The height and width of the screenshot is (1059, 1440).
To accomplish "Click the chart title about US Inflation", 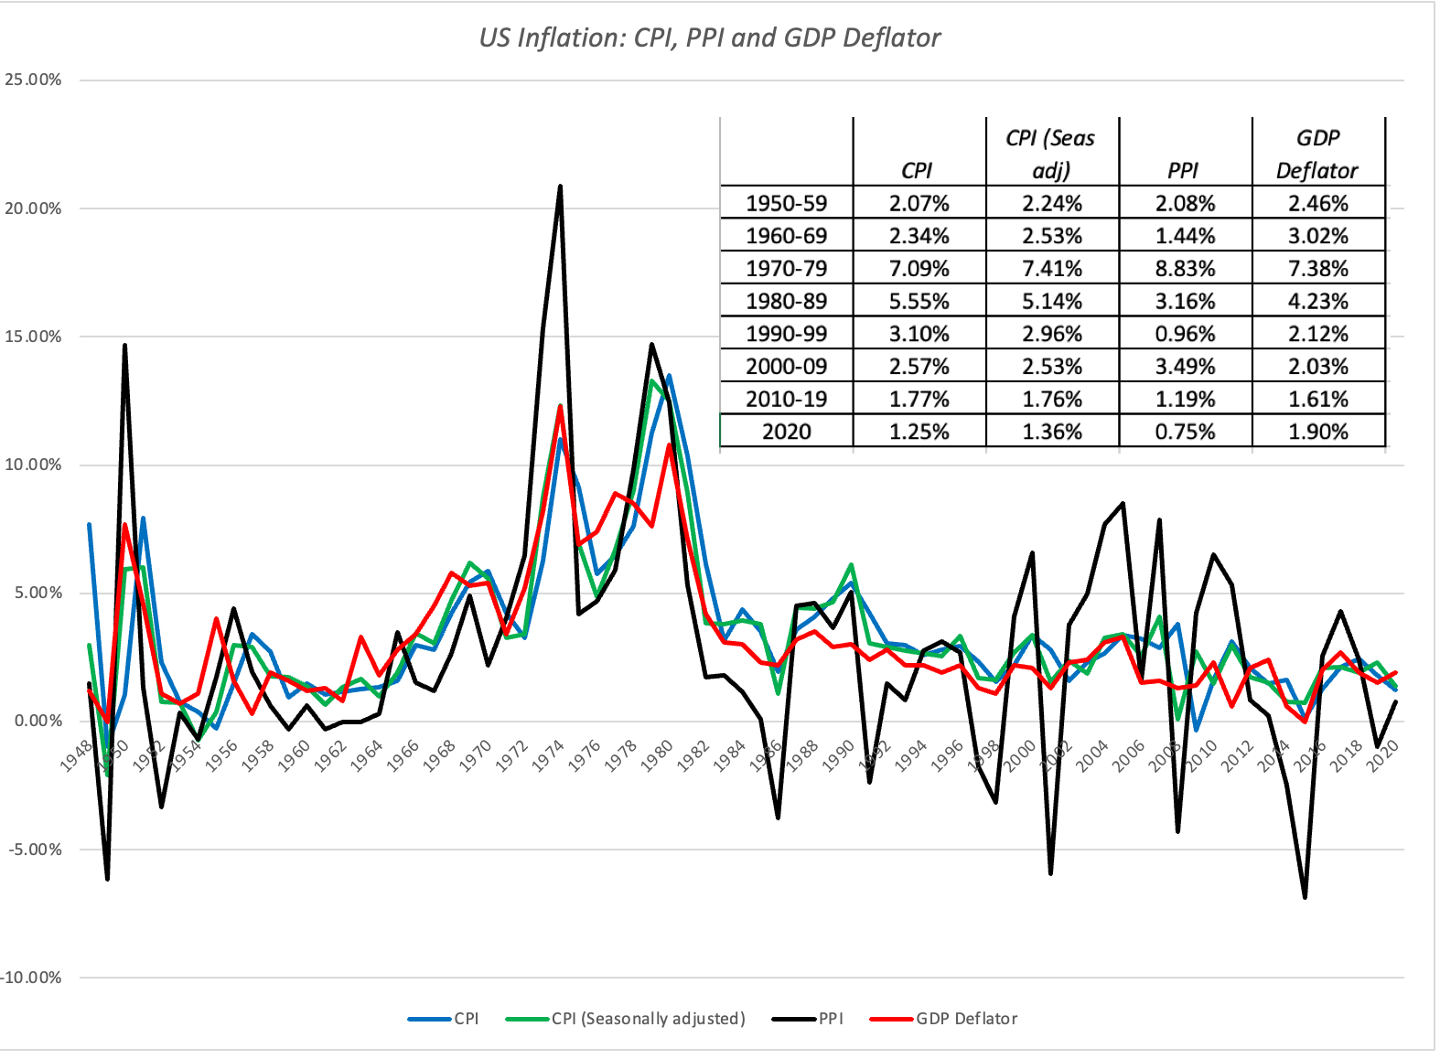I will [709, 37].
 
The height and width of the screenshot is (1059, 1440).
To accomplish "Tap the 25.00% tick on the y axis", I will [33, 80].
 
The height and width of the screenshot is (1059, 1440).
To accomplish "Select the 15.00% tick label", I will [33, 337].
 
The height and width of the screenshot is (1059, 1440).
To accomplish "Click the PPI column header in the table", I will [1184, 171].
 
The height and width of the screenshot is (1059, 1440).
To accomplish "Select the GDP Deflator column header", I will [1317, 155].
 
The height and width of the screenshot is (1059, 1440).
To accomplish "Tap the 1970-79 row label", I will [786, 269].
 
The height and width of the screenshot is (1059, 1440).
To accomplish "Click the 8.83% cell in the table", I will [1185, 269].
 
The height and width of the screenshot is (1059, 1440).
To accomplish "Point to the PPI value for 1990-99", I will [1185, 334].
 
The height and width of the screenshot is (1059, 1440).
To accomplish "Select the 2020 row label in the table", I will [786, 432].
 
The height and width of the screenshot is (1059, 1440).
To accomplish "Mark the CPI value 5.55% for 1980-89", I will [919, 301].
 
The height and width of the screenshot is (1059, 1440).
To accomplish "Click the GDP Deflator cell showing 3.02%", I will [1317, 236].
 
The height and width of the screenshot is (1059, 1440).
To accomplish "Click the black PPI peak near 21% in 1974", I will [560, 187].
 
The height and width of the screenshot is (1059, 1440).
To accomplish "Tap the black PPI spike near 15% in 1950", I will [124, 346].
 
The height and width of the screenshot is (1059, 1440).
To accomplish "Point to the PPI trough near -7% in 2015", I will [1305, 897].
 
